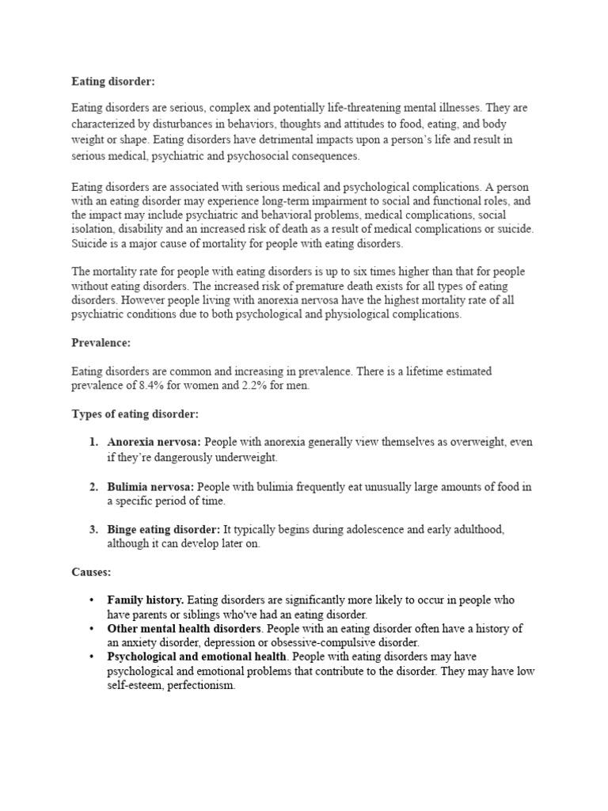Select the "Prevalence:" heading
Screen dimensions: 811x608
(101, 343)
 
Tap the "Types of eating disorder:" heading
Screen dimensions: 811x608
(135, 414)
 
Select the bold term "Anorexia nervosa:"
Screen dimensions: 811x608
(154, 442)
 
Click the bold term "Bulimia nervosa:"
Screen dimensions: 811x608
(150, 486)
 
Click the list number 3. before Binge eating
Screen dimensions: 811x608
(93, 529)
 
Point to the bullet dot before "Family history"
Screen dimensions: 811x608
(93, 600)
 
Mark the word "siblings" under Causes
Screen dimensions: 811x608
(199, 615)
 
